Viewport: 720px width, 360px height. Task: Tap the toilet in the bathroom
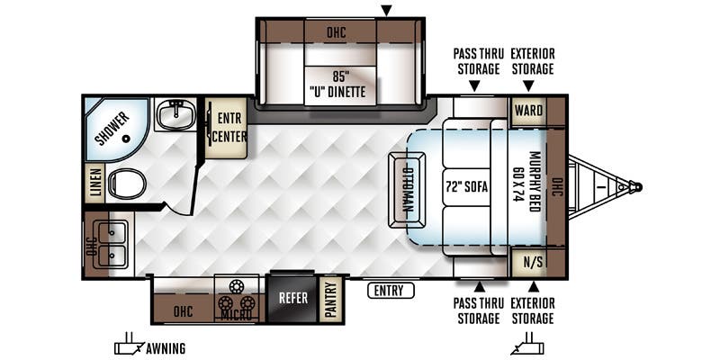(x=127, y=184)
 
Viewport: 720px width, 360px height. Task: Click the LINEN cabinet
(x=95, y=184)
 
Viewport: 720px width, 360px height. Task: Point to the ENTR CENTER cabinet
(x=227, y=128)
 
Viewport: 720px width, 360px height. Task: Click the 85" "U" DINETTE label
(x=340, y=84)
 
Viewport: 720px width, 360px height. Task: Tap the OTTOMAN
(x=407, y=190)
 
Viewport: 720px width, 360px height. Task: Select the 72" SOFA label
(x=466, y=187)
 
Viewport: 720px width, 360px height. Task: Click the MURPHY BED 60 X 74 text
(x=527, y=182)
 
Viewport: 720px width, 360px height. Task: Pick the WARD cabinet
(x=528, y=111)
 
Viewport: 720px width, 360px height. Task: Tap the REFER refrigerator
(x=293, y=298)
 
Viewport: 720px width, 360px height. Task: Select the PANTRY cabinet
(x=330, y=300)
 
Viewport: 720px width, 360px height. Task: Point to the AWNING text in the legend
(x=166, y=348)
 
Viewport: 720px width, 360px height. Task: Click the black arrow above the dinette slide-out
(x=387, y=10)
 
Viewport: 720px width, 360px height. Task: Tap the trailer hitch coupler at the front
(x=635, y=187)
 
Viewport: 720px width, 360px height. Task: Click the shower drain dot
(x=126, y=139)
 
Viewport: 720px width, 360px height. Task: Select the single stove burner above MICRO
(x=237, y=286)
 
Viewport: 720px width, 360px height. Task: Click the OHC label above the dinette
(x=337, y=32)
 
